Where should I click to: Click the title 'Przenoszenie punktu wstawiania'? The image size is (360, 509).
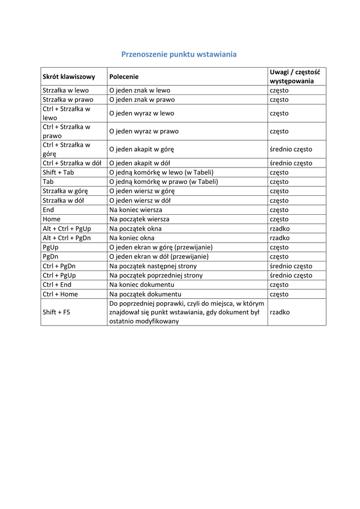pos(179,54)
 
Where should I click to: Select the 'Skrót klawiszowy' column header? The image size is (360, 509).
pos(69,77)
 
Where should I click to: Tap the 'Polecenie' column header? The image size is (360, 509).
pos(124,77)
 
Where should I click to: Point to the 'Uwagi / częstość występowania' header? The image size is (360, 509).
pos(295,77)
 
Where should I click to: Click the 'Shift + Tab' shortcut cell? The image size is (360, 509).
pos(59,172)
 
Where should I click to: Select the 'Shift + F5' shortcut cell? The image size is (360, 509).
pos(57,312)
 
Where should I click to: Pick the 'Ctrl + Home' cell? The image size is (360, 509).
pos(60,294)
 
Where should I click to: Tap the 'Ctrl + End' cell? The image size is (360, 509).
pos(57,284)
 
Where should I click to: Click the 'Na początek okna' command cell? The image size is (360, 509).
pos(135,229)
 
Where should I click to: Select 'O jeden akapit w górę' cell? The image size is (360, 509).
pos(142,149)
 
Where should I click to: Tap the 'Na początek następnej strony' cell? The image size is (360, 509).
pos(153,266)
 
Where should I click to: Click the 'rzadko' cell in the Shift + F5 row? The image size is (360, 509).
pos(280,312)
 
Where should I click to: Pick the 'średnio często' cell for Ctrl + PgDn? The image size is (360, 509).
pos(291,266)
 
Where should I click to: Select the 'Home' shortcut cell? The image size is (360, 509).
pos(52,219)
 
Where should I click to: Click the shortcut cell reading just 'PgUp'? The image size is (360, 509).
pos(51,247)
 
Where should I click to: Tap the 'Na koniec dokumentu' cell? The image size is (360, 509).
pos(142,284)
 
